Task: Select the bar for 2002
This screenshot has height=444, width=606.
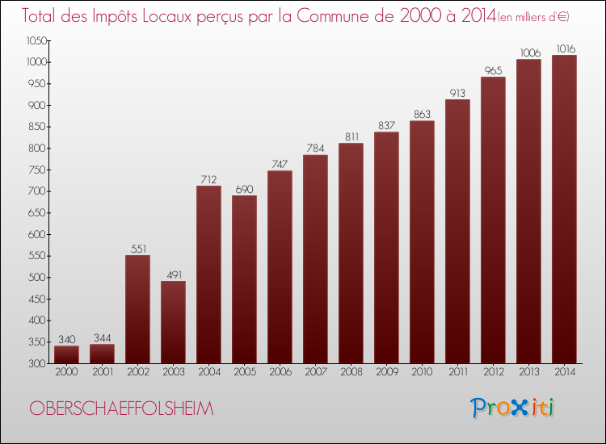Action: point(137,309)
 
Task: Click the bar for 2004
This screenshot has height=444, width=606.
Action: point(208,274)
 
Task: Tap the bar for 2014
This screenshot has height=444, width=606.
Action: point(564,209)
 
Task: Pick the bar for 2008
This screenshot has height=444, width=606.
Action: point(351,253)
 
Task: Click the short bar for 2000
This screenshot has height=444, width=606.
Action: point(66,354)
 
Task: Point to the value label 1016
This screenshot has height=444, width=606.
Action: point(564,49)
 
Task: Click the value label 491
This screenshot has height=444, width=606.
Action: point(173,274)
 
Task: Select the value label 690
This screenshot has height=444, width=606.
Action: point(244,189)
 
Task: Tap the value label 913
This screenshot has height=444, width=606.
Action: point(457,93)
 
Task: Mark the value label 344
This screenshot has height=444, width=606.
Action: point(102,337)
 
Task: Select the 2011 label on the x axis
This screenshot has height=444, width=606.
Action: point(457,372)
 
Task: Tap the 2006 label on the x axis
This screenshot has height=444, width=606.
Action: point(280,372)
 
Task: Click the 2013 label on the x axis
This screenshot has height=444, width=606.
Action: point(528,372)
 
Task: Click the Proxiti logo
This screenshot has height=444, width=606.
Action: point(512,408)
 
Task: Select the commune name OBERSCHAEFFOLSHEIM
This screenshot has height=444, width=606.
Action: point(121,409)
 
